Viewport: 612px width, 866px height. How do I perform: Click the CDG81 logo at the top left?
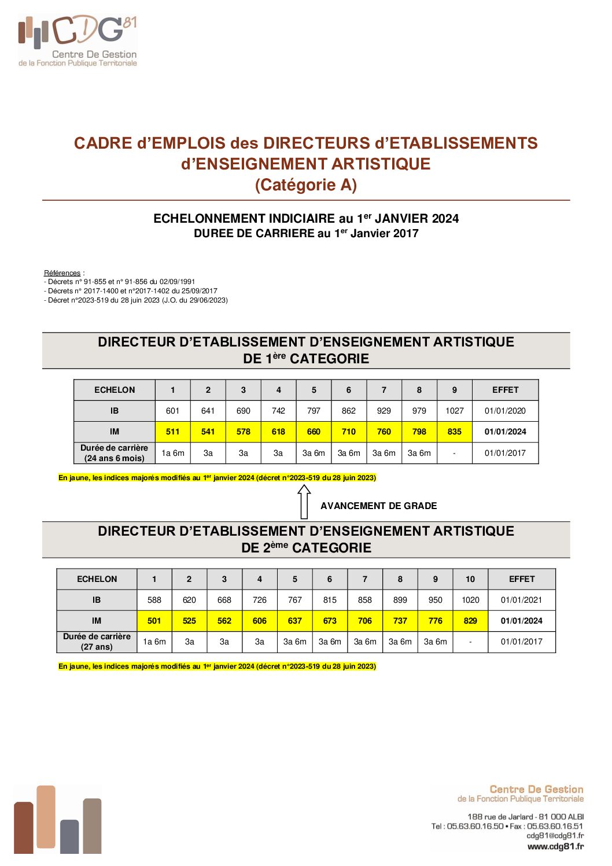click(78, 40)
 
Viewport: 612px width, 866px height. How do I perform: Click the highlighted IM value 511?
click(172, 432)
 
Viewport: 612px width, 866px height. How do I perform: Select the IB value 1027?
click(454, 411)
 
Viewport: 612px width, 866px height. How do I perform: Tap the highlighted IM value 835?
click(454, 432)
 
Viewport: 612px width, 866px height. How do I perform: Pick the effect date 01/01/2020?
click(505, 411)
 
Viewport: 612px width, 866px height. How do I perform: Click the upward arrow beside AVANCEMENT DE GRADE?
click(304, 502)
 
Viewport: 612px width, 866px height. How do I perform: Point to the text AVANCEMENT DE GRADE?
click(378, 506)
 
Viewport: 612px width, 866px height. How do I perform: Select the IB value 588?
click(154, 600)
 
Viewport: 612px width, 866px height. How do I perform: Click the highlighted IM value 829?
click(470, 621)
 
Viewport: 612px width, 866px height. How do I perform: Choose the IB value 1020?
click(470, 600)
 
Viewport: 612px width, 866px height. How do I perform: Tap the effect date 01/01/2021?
click(521, 600)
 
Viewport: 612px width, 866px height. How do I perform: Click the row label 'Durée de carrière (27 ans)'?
click(97, 642)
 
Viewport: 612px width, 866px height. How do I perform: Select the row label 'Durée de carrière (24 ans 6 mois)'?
click(114, 453)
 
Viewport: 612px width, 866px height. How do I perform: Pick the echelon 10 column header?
click(470, 579)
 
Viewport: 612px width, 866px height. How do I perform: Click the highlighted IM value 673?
click(330, 621)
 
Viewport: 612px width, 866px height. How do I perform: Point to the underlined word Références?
click(62, 273)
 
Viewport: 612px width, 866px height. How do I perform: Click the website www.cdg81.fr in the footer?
click(555, 846)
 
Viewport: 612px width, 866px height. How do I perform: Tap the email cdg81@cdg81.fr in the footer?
click(555, 835)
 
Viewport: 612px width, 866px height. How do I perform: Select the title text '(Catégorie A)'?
click(305, 185)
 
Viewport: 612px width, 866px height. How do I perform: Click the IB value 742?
click(278, 411)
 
